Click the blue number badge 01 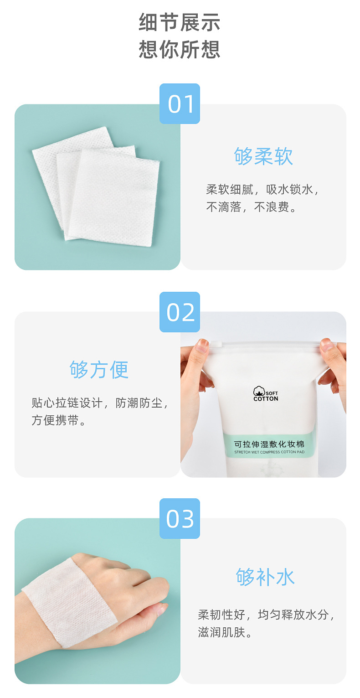pos(180,104)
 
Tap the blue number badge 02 pos(180,312)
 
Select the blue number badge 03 pos(180,519)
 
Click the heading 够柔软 pos(263,156)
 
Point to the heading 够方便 pos(99,369)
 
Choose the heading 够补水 pos(265,577)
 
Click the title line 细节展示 pos(180,23)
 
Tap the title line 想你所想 pos(180,49)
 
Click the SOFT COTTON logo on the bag pos(266,395)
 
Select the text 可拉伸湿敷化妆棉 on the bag pos(269,444)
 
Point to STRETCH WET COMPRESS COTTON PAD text pos(269,452)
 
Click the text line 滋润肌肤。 pos(225,633)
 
